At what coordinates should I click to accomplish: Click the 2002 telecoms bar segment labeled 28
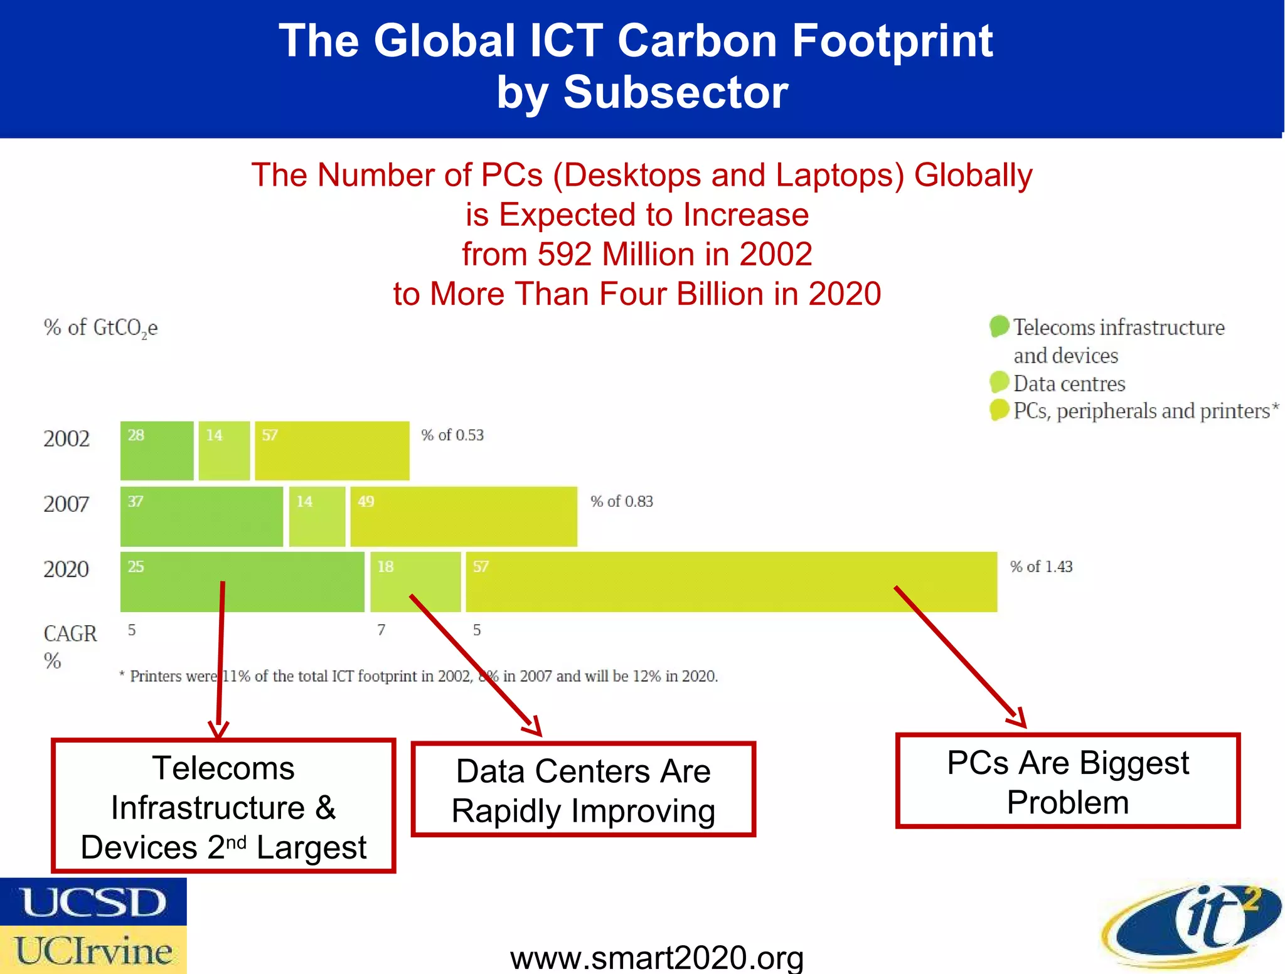click(x=157, y=451)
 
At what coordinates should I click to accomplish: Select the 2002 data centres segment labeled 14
click(x=224, y=451)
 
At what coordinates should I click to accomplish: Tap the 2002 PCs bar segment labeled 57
click(x=332, y=451)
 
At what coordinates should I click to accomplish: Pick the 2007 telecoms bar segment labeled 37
click(x=201, y=516)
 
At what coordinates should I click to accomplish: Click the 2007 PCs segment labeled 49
click(x=463, y=516)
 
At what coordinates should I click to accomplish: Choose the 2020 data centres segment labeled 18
click(x=415, y=582)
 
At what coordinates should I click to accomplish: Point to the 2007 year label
click(x=67, y=504)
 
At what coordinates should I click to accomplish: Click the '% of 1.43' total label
click(x=1041, y=567)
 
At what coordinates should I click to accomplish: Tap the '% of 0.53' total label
click(x=452, y=435)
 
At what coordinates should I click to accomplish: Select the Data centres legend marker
click(x=999, y=382)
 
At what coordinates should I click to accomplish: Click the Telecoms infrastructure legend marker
click(x=999, y=326)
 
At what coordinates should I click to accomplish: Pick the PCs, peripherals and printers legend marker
click(x=999, y=410)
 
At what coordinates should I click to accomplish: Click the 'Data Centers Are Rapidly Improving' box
click(x=583, y=790)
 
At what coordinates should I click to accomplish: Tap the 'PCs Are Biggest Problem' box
click(x=1067, y=781)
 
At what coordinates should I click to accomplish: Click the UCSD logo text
click(x=93, y=903)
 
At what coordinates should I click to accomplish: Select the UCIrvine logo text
click(x=93, y=951)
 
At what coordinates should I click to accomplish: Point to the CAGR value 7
click(x=381, y=630)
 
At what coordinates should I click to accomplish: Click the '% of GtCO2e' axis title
click(x=100, y=328)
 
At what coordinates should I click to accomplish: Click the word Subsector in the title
click(x=675, y=92)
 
